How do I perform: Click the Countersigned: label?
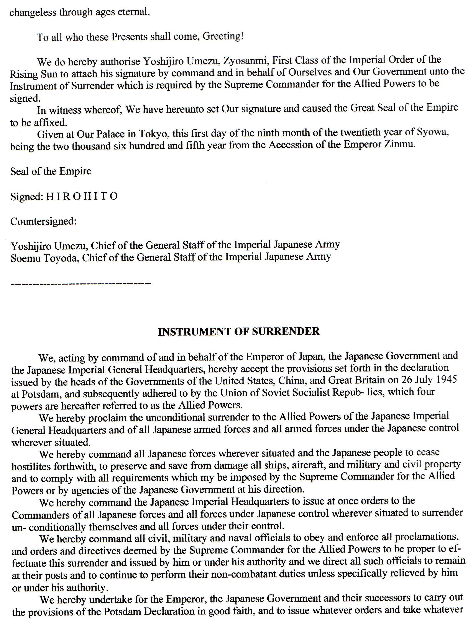coord(43,221)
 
